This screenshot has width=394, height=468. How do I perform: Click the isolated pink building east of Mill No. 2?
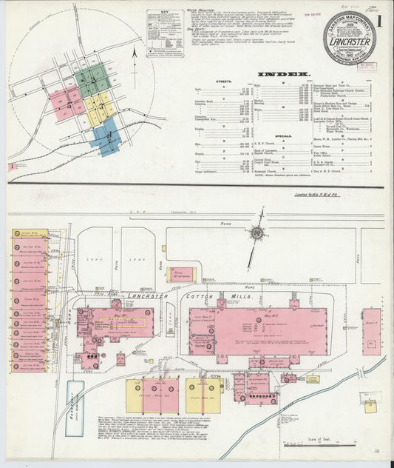371,332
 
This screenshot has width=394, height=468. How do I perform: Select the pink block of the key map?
66,104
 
